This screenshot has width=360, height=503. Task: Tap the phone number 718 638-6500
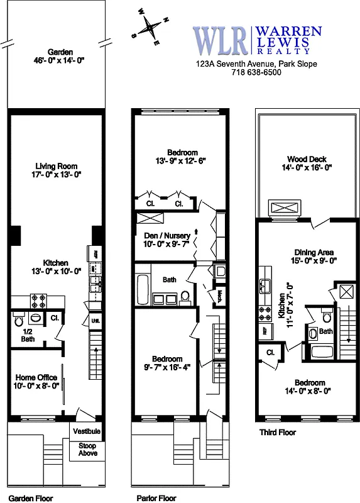click(256, 72)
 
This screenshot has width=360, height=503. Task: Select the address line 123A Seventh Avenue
click(256, 64)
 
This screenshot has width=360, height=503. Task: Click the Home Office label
click(37, 377)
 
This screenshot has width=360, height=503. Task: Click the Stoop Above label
click(88, 449)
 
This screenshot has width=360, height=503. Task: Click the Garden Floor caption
click(31, 497)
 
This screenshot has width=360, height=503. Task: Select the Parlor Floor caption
click(156, 497)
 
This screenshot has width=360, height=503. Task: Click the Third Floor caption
click(277, 433)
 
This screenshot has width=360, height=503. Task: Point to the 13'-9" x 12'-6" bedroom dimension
click(182, 161)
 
